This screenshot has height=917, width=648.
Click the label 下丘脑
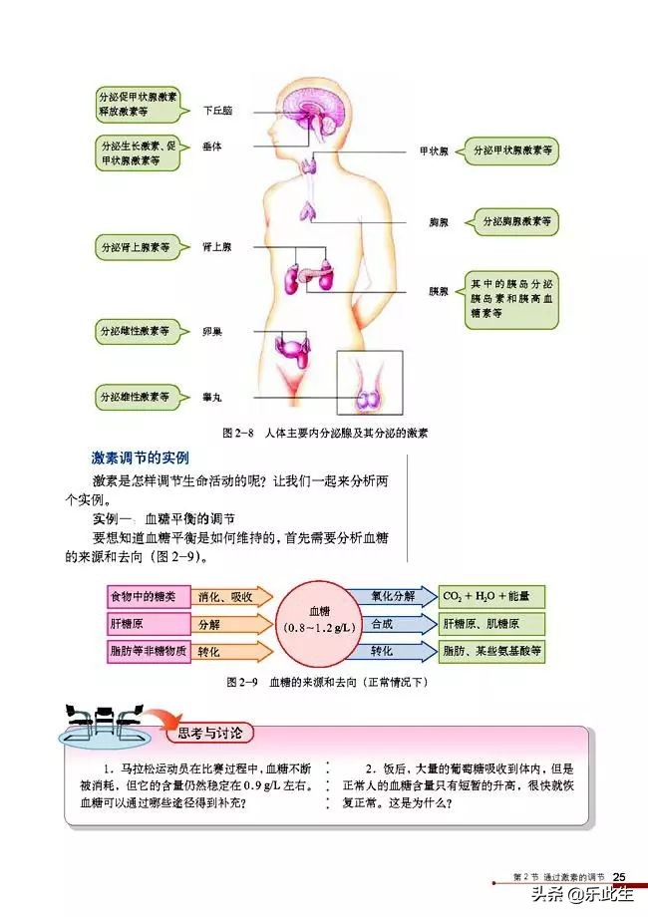(x=217, y=111)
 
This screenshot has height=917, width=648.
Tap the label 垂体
(x=211, y=146)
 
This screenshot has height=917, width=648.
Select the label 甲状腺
(x=433, y=152)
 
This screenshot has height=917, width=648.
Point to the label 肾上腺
(x=216, y=246)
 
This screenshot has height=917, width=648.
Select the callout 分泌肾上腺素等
(x=134, y=246)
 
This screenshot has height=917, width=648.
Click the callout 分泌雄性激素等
(x=134, y=397)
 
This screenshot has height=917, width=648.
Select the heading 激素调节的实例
(x=140, y=458)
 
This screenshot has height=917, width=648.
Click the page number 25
(x=618, y=876)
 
